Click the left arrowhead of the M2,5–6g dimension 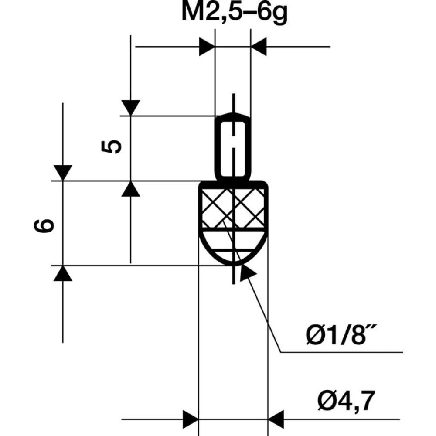(x=207, y=47)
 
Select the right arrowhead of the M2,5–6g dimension (x=259, y=47)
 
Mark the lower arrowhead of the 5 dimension (x=130, y=189)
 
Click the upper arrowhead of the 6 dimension (x=63, y=172)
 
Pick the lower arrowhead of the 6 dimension (x=63, y=273)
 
